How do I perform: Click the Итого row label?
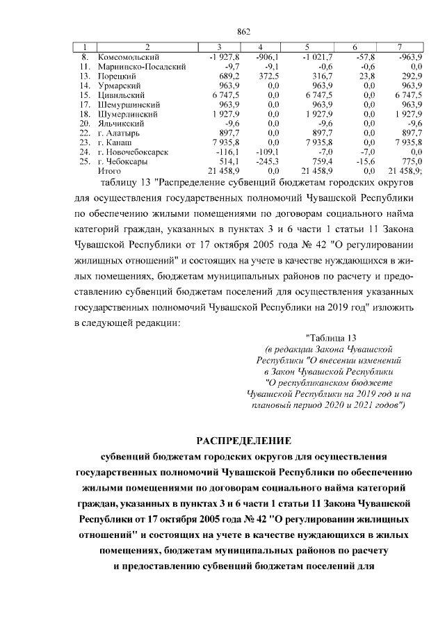[x=110, y=170]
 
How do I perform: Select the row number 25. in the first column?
[x=86, y=161]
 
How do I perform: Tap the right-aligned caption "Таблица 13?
[x=331, y=337]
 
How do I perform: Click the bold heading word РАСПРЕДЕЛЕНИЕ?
[x=243, y=441]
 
